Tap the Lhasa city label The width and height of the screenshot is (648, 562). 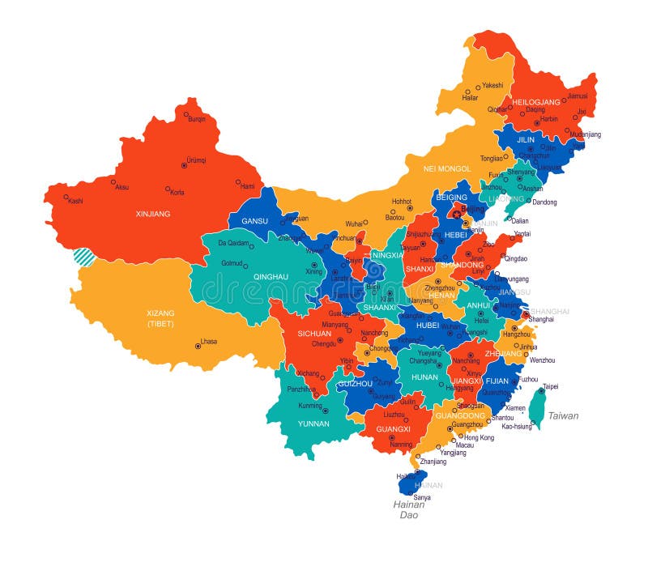[209, 342]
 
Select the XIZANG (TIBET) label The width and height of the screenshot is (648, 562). [160, 318]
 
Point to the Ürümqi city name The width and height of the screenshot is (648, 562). [195, 160]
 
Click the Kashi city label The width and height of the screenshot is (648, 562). [75, 201]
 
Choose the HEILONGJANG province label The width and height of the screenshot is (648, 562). [536, 102]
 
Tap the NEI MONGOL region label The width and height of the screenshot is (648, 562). [447, 168]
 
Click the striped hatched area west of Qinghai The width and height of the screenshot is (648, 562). [83, 257]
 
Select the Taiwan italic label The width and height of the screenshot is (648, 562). [563, 415]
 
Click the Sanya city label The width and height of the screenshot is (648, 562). [422, 496]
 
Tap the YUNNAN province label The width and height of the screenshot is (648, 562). [313, 423]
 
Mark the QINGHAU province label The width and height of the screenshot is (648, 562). [271, 276]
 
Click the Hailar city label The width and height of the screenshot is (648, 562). [470, 98]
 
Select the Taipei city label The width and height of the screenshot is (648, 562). [550, 386]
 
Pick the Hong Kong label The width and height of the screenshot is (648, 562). [479, 437]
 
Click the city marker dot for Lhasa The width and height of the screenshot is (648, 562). [197, 347]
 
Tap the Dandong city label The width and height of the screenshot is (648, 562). [544, 202]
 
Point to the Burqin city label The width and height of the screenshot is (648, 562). [197, 119]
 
